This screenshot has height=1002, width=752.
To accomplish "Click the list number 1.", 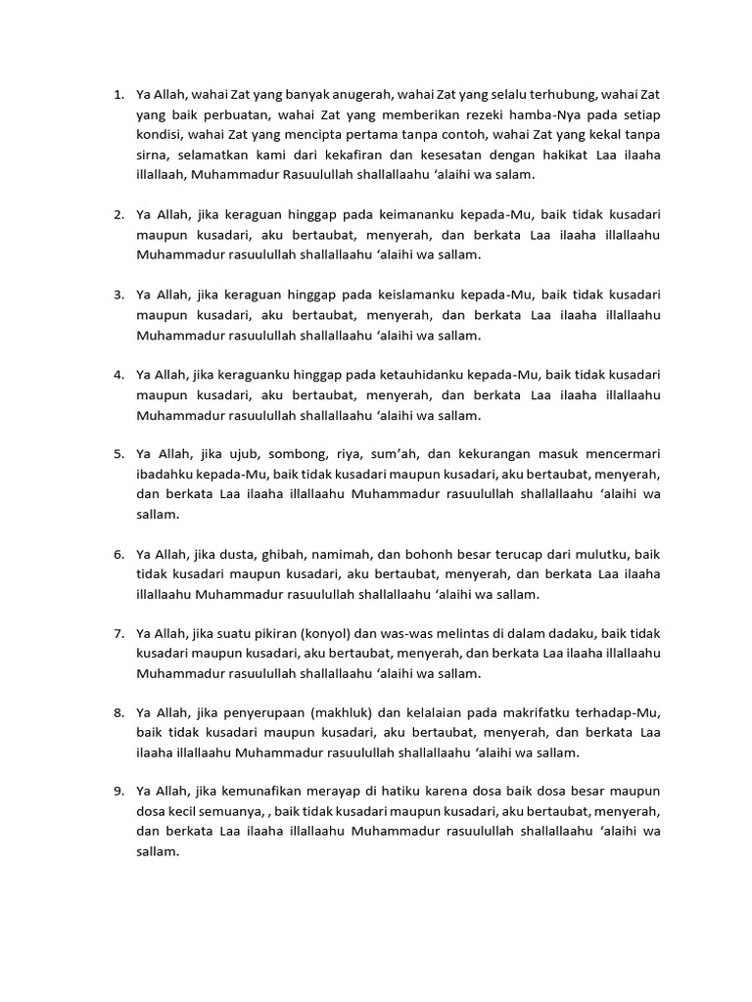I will (x=117, y=95).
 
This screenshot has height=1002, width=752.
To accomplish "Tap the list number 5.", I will (x=117, y=454).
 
